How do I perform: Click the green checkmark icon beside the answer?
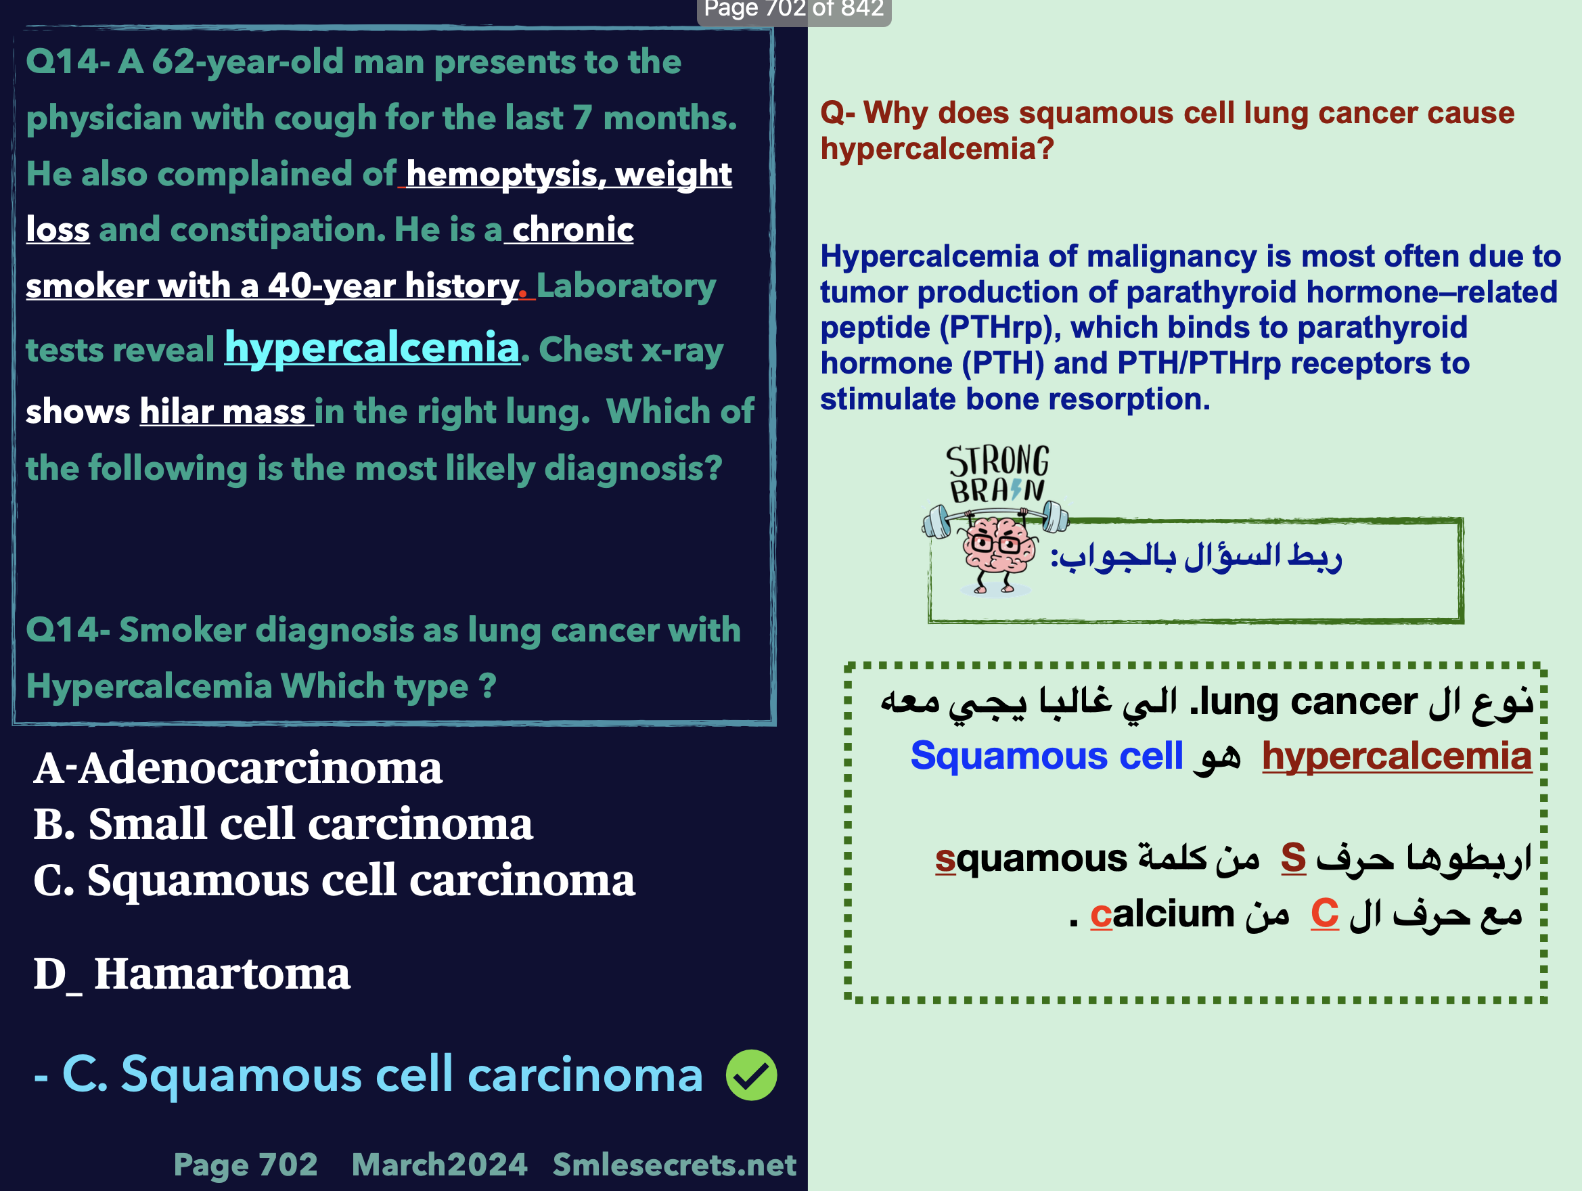751,1075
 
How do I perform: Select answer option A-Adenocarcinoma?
238,767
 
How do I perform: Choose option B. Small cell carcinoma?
284,824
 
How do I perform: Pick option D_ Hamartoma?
192,974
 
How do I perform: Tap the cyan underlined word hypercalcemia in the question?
372,349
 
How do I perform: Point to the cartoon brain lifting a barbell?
995,547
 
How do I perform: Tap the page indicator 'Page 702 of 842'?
794,9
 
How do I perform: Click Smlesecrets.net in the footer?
675,1165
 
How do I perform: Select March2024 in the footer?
439,1165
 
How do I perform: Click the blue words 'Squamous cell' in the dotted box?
1046,756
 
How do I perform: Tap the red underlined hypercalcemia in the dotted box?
1397,756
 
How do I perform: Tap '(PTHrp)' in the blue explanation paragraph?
1000,328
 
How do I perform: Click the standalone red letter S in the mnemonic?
1293,857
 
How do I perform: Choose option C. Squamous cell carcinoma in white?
334,880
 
